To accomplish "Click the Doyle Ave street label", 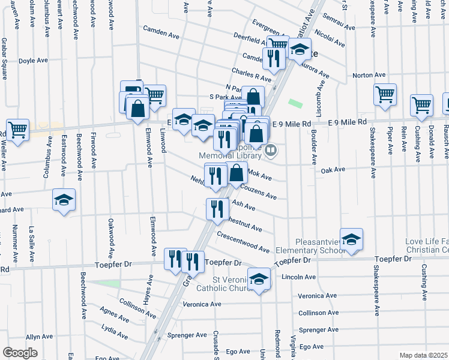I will (x=33, y=61).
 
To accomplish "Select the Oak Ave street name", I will (x=333, y=170).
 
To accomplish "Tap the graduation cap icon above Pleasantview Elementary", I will (x=351, y=238).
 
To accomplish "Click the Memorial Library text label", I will (x=231, y=155).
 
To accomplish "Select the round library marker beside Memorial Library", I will (x=270, y=151).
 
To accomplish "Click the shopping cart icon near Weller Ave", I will (x=17, y=128).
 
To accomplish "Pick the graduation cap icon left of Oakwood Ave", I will (x=64, y=200).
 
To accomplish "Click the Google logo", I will (x=20, y=353).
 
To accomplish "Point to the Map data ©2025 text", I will (x=423, y=355).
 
